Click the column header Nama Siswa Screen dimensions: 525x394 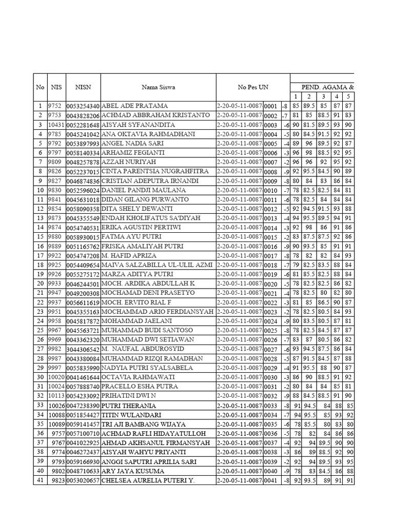159,87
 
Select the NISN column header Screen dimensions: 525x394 83,87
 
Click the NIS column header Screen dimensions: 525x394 56,87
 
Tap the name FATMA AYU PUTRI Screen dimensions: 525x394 131,237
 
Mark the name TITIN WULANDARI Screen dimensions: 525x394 132,415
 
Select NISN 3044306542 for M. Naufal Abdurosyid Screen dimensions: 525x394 83,349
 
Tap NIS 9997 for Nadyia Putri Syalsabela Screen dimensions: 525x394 55,368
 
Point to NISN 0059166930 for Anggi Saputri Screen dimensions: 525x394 83,461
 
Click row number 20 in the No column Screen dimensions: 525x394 40,284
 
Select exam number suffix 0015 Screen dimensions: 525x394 270,237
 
